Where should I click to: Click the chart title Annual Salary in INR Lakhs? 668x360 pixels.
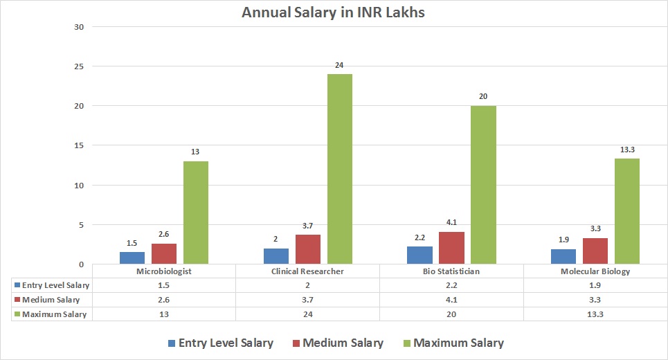pos(333,12)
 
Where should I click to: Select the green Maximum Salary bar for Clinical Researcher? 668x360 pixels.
pos(339,169)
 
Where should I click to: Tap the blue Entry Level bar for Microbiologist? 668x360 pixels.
pos(132,258)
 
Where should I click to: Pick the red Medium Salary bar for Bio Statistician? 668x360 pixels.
pos(451,248)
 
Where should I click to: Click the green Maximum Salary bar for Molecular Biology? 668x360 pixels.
pos(627,211)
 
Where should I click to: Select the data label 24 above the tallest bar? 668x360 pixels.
pos(339,66)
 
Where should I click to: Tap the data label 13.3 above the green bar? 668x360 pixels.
pos(627,150)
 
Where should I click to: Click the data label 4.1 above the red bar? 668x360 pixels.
pos(451,224)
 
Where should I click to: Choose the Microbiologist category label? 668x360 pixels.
pos(164,271)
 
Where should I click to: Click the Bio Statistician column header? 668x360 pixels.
pos(451,271)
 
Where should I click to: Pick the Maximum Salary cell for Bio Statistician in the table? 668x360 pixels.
pos(451,314)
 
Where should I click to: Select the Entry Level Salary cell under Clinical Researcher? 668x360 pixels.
pos(307,285)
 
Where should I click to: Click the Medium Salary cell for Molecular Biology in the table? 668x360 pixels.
pos(595,300)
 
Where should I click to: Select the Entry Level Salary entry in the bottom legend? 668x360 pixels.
pos(219,343)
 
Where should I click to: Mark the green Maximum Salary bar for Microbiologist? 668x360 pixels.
pos(196,213)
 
